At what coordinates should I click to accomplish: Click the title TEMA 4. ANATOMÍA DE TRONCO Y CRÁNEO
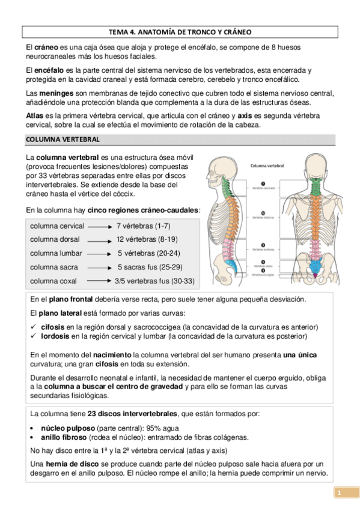click(x=180, y=31)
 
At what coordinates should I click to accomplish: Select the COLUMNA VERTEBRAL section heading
click(x=63, y=140)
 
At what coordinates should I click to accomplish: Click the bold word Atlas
click(x=35, y=115)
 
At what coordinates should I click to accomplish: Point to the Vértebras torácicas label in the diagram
click(x=264, y=217)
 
